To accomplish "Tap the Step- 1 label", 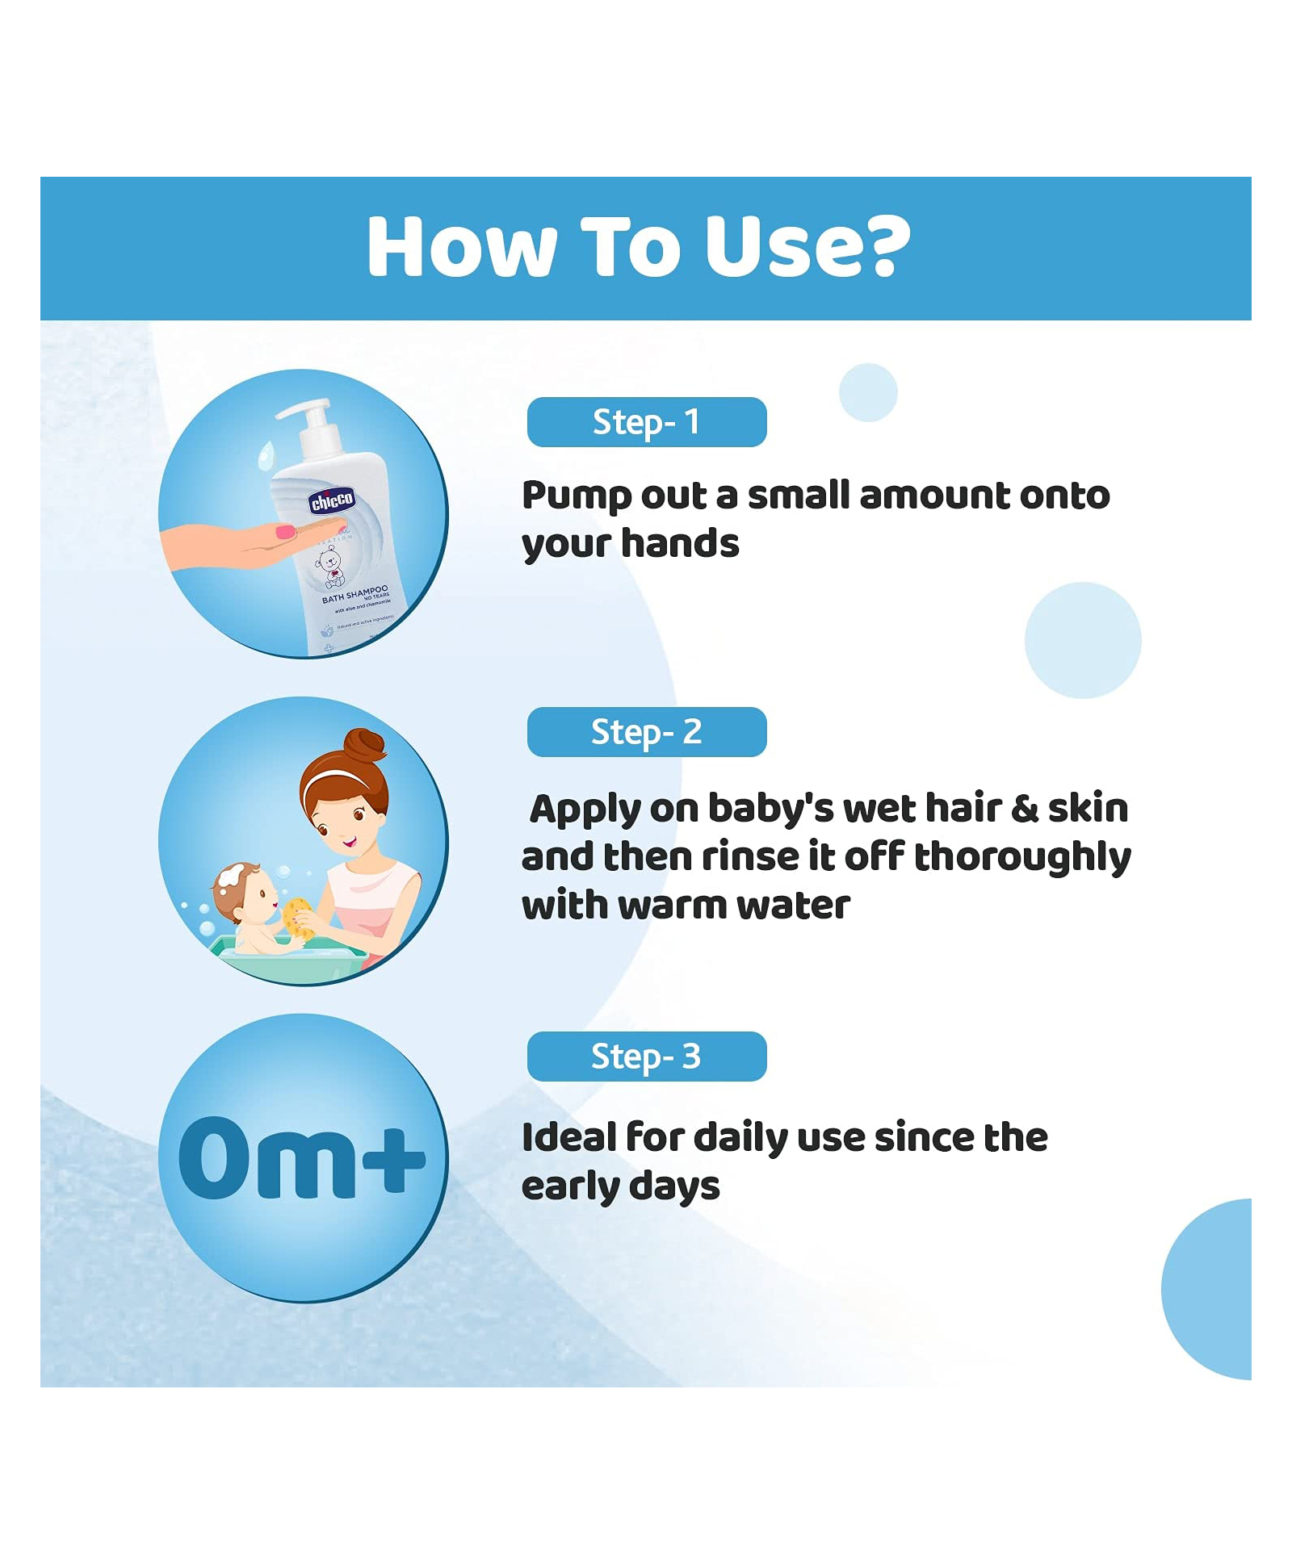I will (646, 422).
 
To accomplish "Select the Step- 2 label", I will (646, 732).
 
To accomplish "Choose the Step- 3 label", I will (646, 1057).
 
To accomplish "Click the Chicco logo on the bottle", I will (332, 501).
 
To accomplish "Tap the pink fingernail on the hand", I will (286, 532).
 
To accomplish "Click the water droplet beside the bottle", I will (266, 456).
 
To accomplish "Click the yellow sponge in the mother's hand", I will (296, 918).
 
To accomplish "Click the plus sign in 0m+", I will (393, 1159).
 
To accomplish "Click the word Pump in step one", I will (576, 496).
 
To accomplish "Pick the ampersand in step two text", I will (1024, 809).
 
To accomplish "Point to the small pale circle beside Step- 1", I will (868, 392).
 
